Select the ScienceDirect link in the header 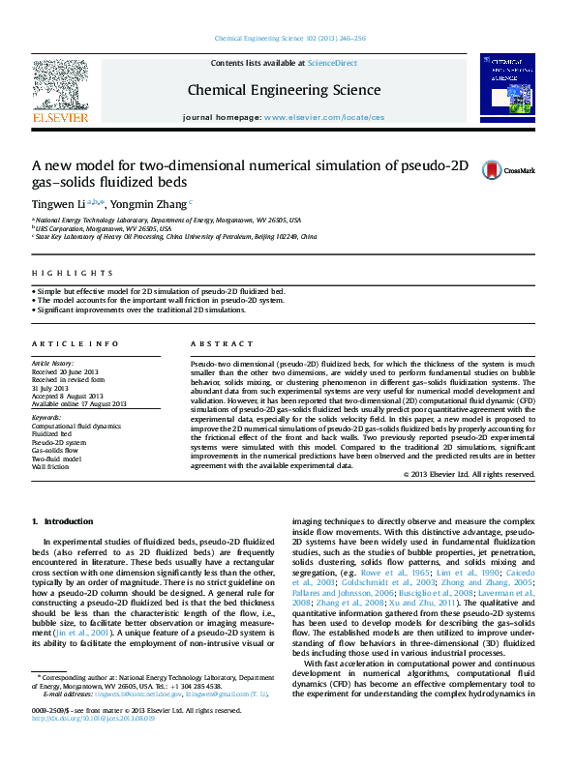pyautogui.click(x=332, y=63)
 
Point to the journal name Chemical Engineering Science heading pyautogui.click(x=283, y=89)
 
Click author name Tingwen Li pyautogui.click(x=58, y=204)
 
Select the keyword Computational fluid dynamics pyautogui.click(x=76, y=426)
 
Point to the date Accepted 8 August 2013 pyautogui.click(x=71, y=396)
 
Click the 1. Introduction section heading pyautogui.click(x=63, y=521)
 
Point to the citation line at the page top pyautogui.click(x=288, y=39)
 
